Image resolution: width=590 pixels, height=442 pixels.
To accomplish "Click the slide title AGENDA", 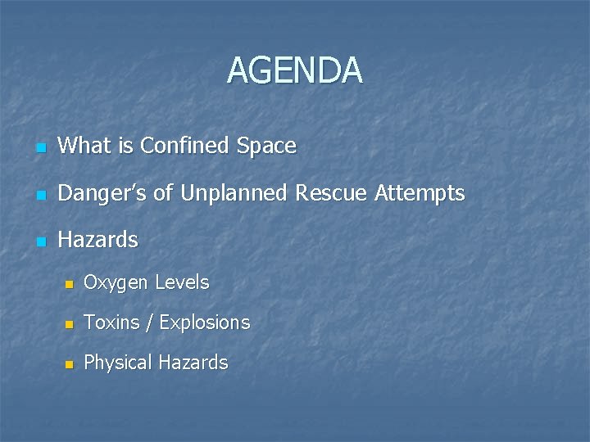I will (294, 70).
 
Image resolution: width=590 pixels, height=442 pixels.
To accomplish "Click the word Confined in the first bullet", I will (188, 147).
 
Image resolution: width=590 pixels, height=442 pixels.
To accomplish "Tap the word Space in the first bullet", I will (266, 147).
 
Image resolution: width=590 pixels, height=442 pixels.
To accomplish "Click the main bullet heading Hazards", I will (98, 241).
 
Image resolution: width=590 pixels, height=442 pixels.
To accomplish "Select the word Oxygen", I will (116, 283).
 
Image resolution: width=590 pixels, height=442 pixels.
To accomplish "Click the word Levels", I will (182, 282).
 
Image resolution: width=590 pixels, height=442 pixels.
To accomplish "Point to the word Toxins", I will (112, 322).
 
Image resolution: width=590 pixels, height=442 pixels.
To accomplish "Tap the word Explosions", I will (204, 322).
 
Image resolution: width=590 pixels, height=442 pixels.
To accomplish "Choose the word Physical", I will (117, 363).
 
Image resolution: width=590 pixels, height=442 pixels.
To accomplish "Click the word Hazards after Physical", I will (193, 363).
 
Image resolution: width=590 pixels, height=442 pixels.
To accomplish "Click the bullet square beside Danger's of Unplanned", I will (41, 196).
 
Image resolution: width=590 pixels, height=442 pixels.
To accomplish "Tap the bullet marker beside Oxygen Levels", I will (70, 285).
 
